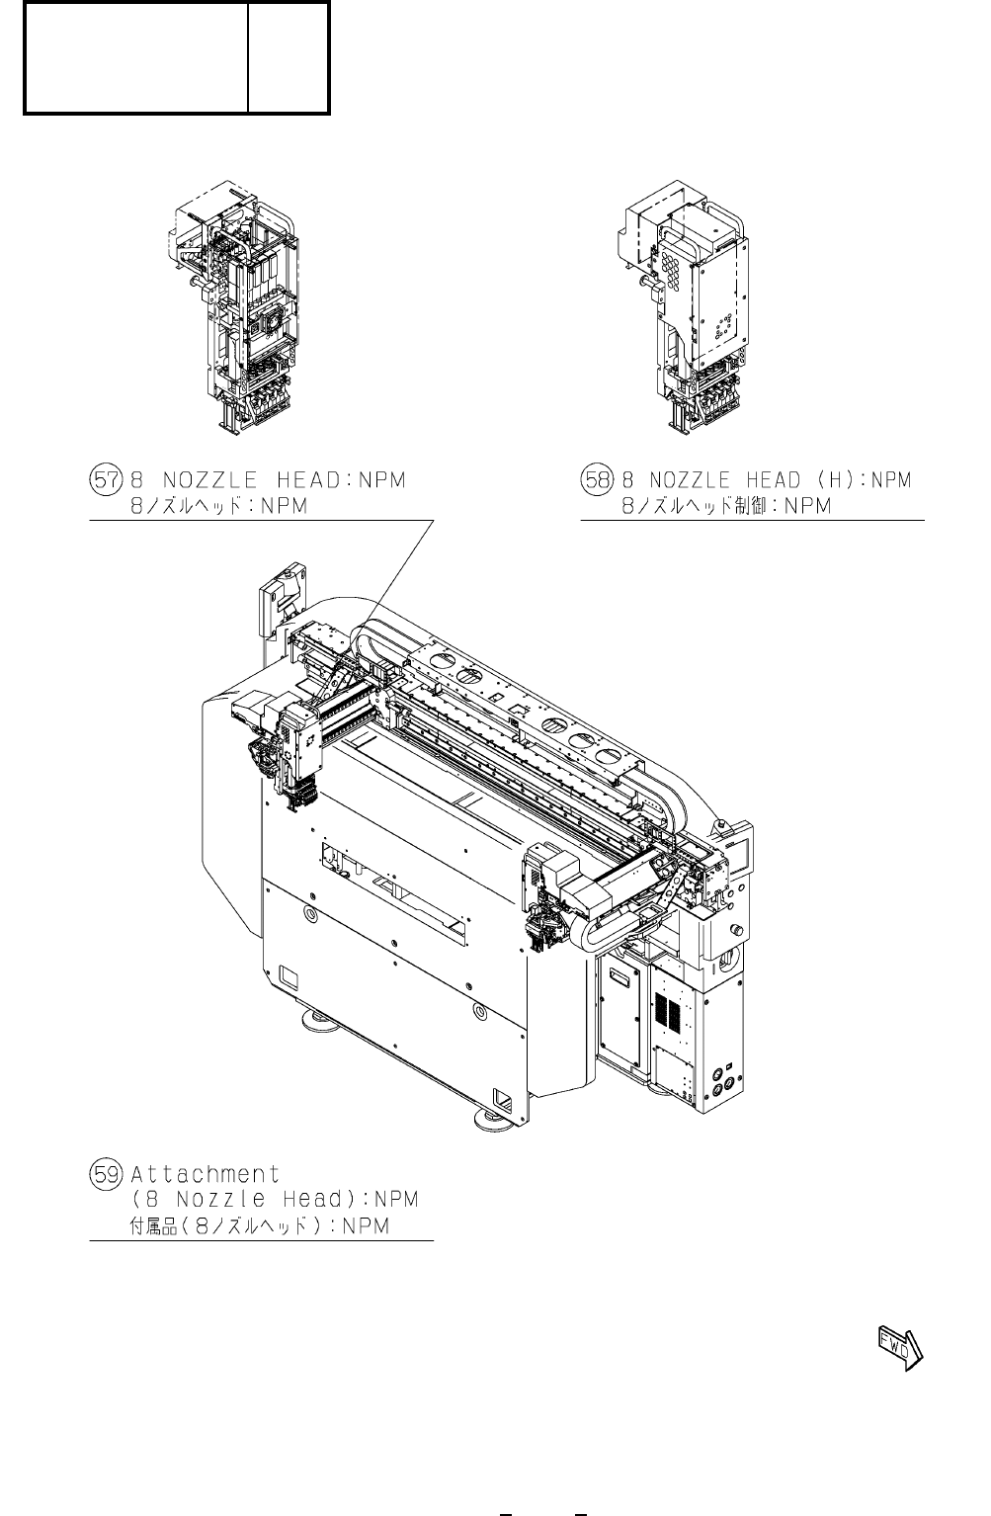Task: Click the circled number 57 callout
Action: [106, 480]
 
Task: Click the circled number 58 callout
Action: [597, 480]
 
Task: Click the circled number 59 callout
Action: [106, 1174]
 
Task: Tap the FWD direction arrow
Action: [899, 1347]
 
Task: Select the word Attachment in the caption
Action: [206, 1174]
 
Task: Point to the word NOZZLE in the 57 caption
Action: [209, 480]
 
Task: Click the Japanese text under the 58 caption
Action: [726, 506]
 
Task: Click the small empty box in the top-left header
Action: [288, 57]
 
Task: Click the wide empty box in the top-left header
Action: [136, 57]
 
